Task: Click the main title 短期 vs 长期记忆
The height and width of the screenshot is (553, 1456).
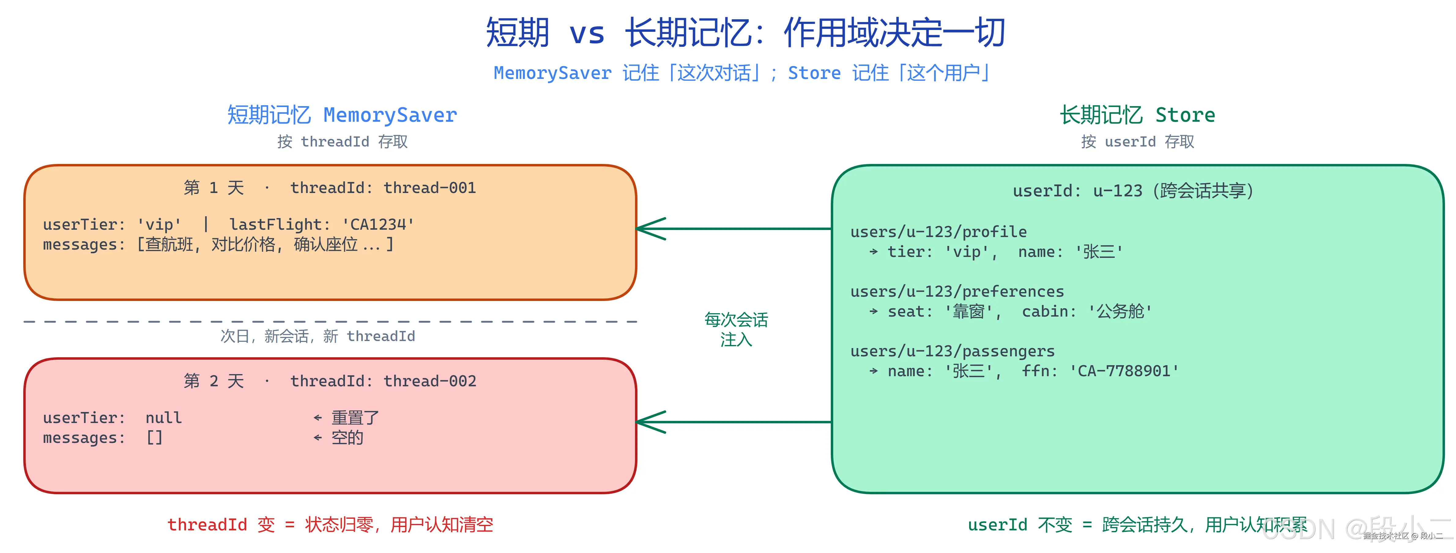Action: pyautogui.click(x=745, y=33)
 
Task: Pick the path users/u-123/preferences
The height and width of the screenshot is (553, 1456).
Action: pyautogui.click(x=957, y=292)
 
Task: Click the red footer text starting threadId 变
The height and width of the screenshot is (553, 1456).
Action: pyautogui.click(x=330, y=525)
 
